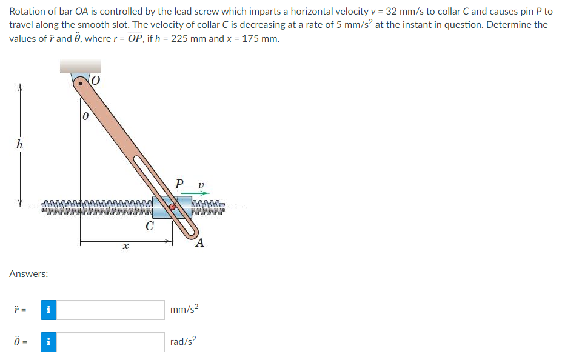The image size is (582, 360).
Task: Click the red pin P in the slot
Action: pyautogui.click(x=173, y=207)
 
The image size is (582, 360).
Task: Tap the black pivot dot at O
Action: pyautogui.click(x=80, y=84)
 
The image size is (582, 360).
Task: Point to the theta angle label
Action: pyautogui.click(x=85, y=116)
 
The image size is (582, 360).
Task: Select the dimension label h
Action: pyautogui.click(x=19, y=144)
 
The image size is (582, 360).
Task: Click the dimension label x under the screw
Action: pyautogui.click(x=125, y=245)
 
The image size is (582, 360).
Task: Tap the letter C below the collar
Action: pyautogui.click(x=150, y=225)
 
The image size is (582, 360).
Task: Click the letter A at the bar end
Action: pyautogui.click(x=199, y=242)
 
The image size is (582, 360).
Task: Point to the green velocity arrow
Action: pyautogui.click(x=195, y=193)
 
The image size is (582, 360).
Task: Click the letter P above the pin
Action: pyautogui.click(x=179, y=184)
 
